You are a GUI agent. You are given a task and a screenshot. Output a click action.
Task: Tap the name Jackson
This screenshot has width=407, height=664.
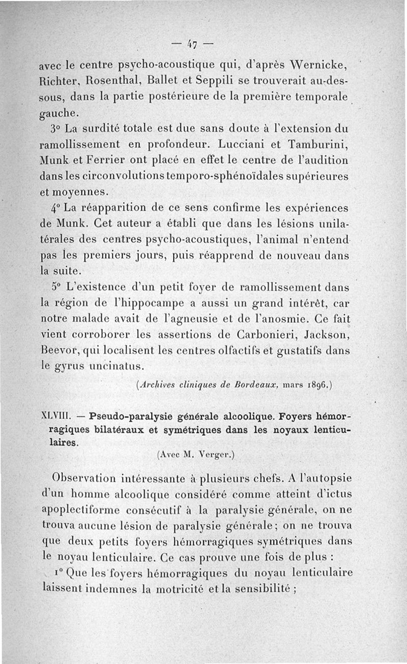(327, 334)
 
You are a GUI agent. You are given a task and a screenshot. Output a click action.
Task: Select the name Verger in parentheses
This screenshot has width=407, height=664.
(211, 455)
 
